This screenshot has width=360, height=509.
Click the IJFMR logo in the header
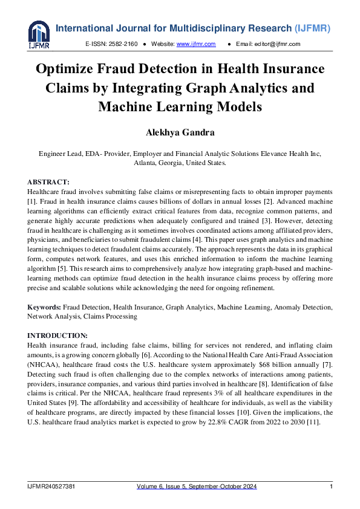(x=39, y=34)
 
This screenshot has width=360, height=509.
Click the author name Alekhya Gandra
(x=180, y=132)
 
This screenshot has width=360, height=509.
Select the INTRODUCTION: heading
(x=57, y=335)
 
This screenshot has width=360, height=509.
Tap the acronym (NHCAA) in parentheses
(x=43, y=365)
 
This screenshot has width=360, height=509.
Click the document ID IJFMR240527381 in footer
(x=51, y=487)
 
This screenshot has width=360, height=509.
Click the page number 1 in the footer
(x=331, y=487)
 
